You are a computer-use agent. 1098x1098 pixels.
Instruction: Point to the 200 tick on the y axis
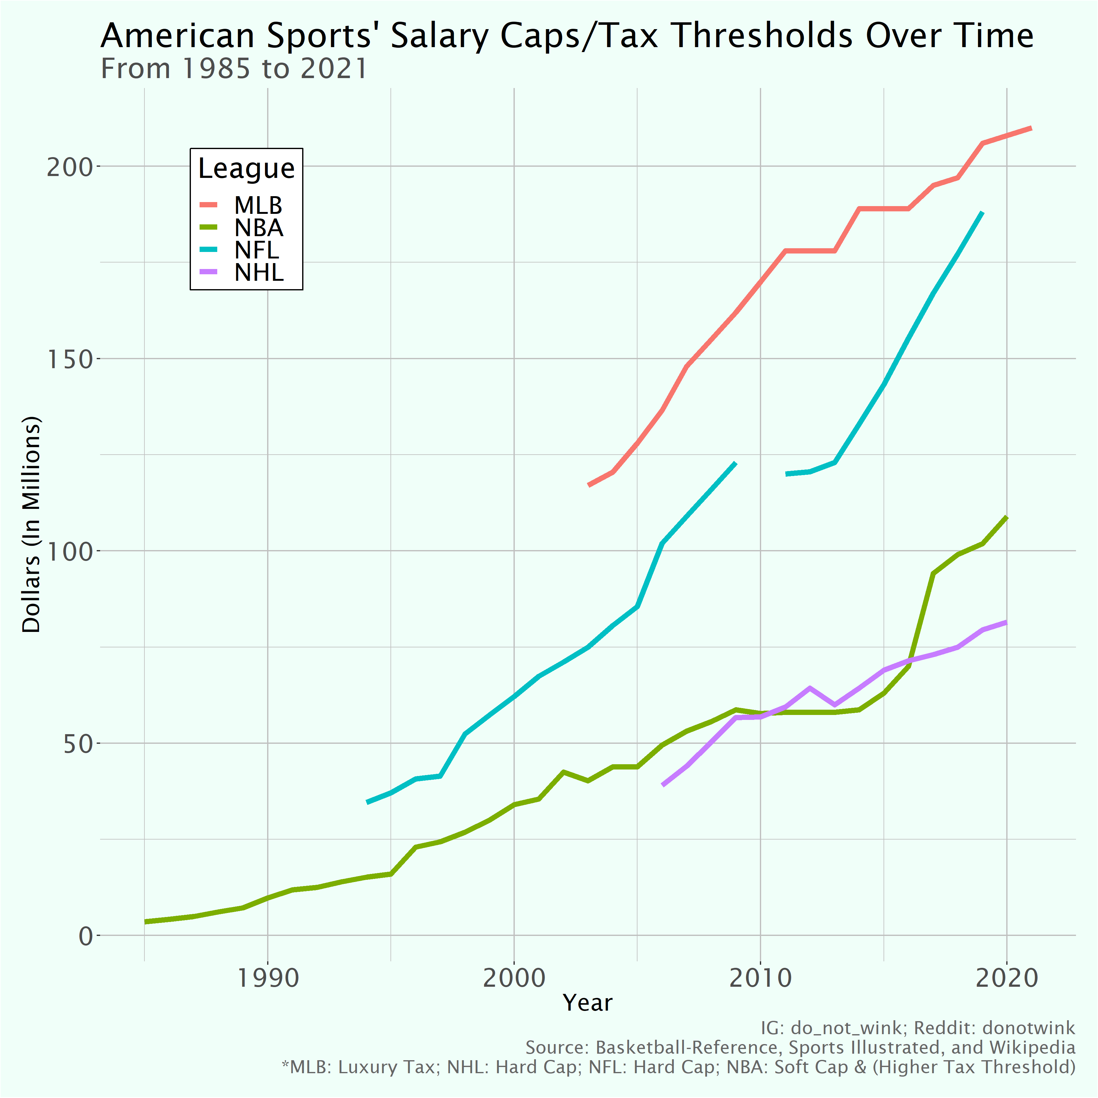tap(69, 167)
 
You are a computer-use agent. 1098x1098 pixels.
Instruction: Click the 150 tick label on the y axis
tap(69, 359)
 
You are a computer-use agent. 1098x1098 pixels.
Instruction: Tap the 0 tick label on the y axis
tap(85, 936)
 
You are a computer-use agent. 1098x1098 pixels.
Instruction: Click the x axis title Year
tap(588, 1003)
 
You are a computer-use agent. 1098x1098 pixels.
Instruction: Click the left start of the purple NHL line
tap(663, 785)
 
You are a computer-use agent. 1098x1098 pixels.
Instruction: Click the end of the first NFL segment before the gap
tap(735, 463)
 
